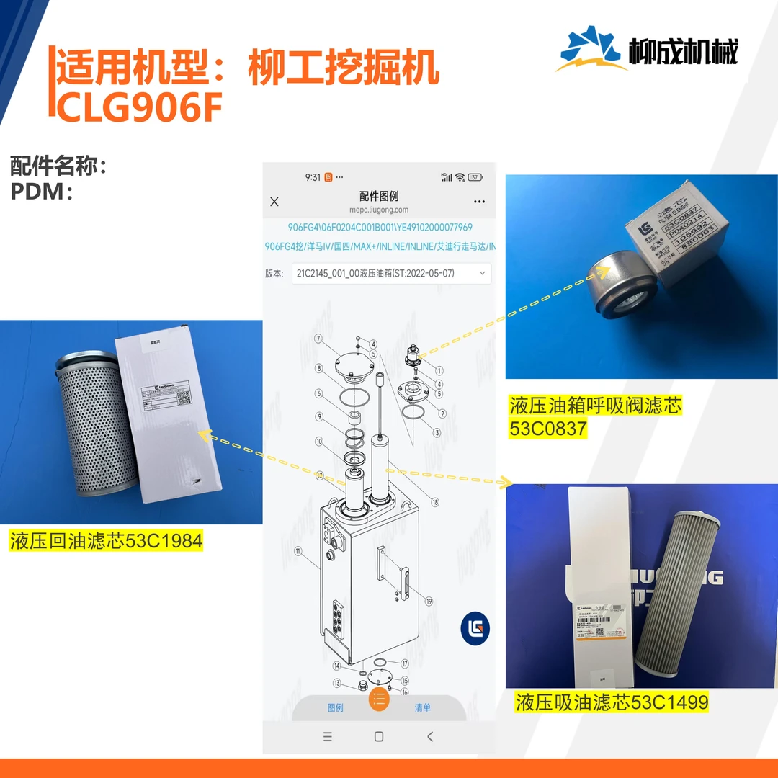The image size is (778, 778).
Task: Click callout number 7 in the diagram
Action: tap(318, 338)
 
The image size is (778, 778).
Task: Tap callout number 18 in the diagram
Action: tap(434, 502)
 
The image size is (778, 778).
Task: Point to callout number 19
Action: tap(429, 601)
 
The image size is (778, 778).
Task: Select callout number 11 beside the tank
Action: tap(298, 551)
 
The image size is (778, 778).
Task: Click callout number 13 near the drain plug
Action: tap(336, 683)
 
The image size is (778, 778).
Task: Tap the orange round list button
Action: tap(379, 699)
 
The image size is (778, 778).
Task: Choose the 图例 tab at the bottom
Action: tap(336, 707)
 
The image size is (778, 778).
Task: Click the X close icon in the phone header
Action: tap(274, 202)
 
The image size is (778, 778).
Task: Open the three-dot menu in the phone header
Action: tap(480, 202)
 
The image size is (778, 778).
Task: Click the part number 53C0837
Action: tap(548, 429)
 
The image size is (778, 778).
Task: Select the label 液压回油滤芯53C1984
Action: tap(107, 541)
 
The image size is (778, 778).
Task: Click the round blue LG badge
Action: tap(475, 629)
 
